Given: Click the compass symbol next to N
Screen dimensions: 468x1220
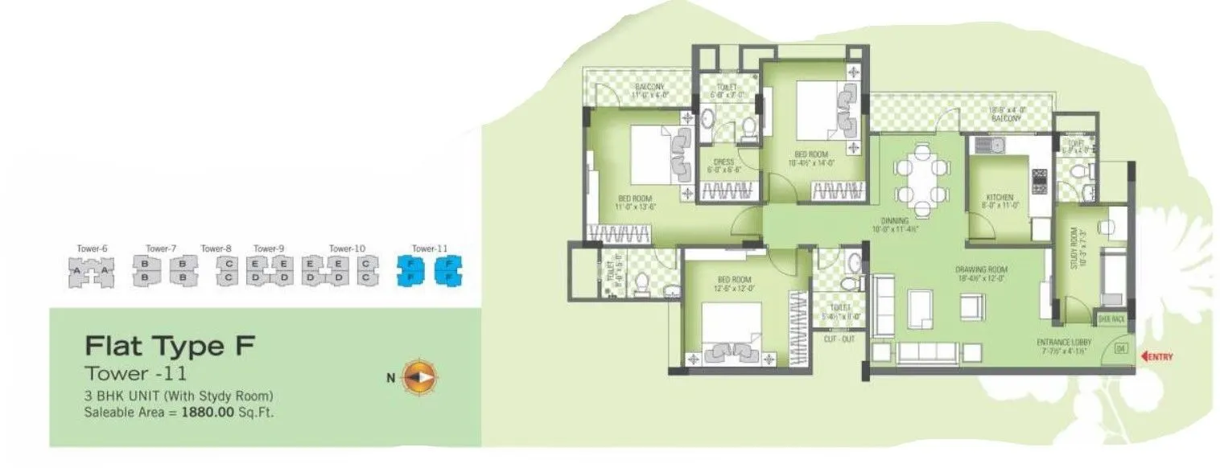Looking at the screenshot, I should pos(419,376).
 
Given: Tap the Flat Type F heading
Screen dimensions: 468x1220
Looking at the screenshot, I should pos(170,347).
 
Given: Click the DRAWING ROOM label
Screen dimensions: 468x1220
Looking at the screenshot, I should pos(982,269).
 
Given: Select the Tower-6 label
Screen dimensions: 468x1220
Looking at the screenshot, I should pos(92,248).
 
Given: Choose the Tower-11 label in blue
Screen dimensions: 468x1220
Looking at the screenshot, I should pos(428,248).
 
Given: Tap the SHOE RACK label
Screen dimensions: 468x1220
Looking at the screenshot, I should pos(1111,319).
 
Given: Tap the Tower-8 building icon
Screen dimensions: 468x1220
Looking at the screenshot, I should pos(229,271).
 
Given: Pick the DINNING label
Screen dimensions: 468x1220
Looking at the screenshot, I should pos(893,220).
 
